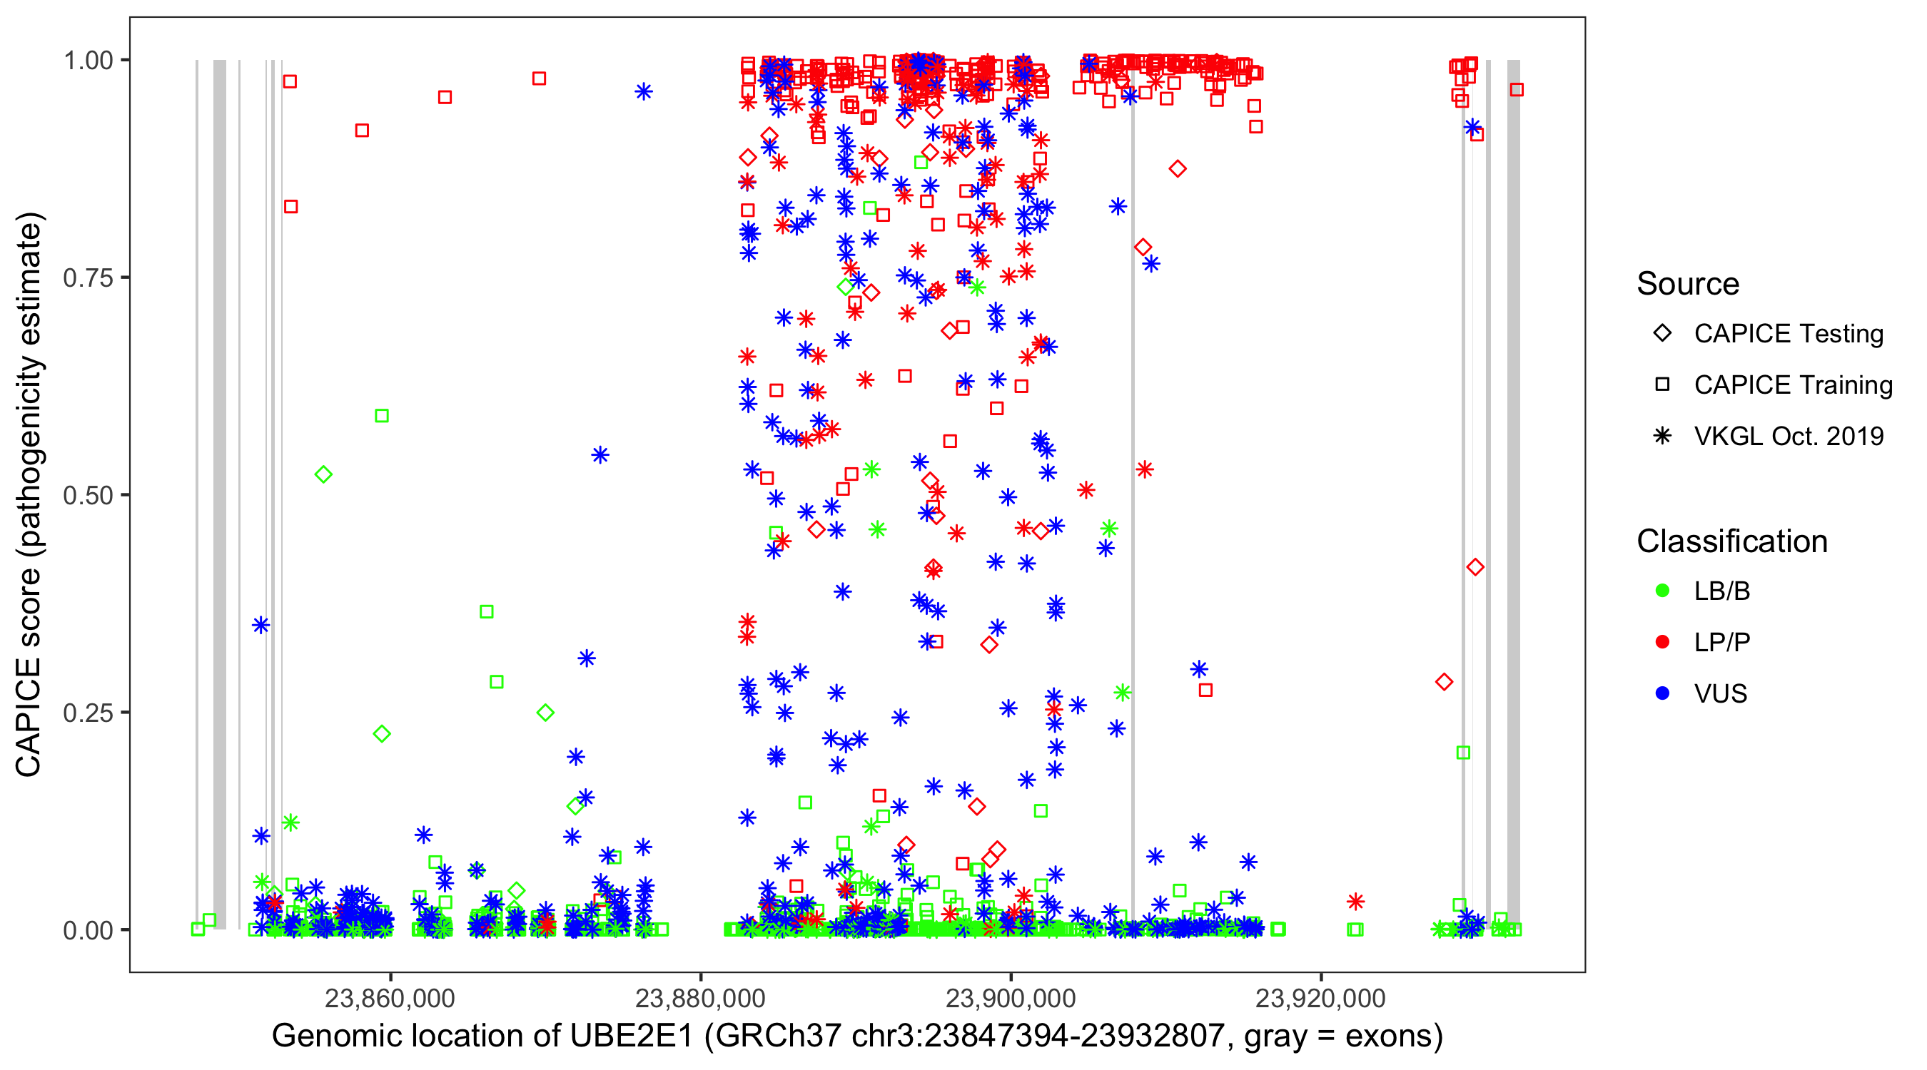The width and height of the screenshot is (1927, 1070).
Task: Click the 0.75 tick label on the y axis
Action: [x=87, y=278]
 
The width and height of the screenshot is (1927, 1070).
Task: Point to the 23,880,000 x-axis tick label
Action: [x=700, y=998]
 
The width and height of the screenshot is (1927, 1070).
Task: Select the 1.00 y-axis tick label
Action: [x=87, y=61]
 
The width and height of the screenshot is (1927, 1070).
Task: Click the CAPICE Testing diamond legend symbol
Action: [x=1662, y=334]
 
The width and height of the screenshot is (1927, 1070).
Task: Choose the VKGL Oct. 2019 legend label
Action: [x=1789, y=436]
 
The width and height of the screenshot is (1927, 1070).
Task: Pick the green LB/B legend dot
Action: [x=1662, y=591]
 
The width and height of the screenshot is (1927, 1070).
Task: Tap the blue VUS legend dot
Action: [x=1662, y=693]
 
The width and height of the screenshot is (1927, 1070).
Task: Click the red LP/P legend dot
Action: [x=1662, y=642]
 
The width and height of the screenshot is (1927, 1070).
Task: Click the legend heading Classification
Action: [x=1731, y=541]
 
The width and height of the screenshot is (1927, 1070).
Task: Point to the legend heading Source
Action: [x=1688, y=284]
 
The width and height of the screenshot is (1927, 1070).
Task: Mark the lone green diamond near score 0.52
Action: [x=323, y=475]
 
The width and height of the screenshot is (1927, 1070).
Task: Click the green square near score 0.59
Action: [x=382, y=416]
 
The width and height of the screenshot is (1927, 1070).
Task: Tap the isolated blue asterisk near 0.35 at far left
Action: [x=261, y=625]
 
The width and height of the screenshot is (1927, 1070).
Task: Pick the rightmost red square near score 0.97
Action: [x=1517, y=90]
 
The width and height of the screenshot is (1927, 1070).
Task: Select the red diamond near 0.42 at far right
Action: [x=1475, y=568]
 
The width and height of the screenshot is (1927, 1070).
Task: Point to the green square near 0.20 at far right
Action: [x=1463, y=753]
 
